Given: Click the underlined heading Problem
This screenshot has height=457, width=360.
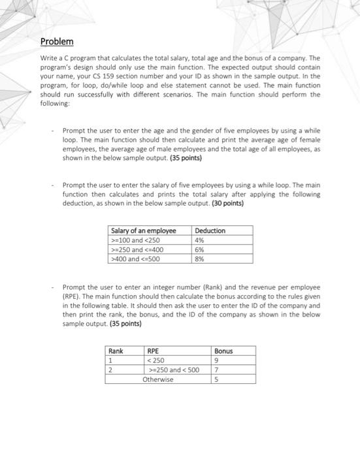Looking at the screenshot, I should [57, 42].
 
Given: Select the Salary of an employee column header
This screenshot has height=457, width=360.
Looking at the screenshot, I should [144, 230].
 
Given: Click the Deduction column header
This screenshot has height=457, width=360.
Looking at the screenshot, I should [210, 230].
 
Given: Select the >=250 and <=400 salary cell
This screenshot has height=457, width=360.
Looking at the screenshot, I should [137, 249].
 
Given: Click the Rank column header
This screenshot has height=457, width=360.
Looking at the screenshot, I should [116, 351].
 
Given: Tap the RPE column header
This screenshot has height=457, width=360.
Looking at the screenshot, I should [154, 351].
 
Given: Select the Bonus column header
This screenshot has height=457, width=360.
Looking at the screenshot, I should [223, 351].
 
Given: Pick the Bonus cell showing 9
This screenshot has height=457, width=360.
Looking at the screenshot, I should [217, 360].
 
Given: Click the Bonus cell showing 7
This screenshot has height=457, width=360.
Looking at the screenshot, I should [217, 370].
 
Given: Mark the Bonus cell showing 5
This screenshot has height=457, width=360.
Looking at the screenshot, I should [217, 379].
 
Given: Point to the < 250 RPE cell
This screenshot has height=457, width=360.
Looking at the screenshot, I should [157, 360].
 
